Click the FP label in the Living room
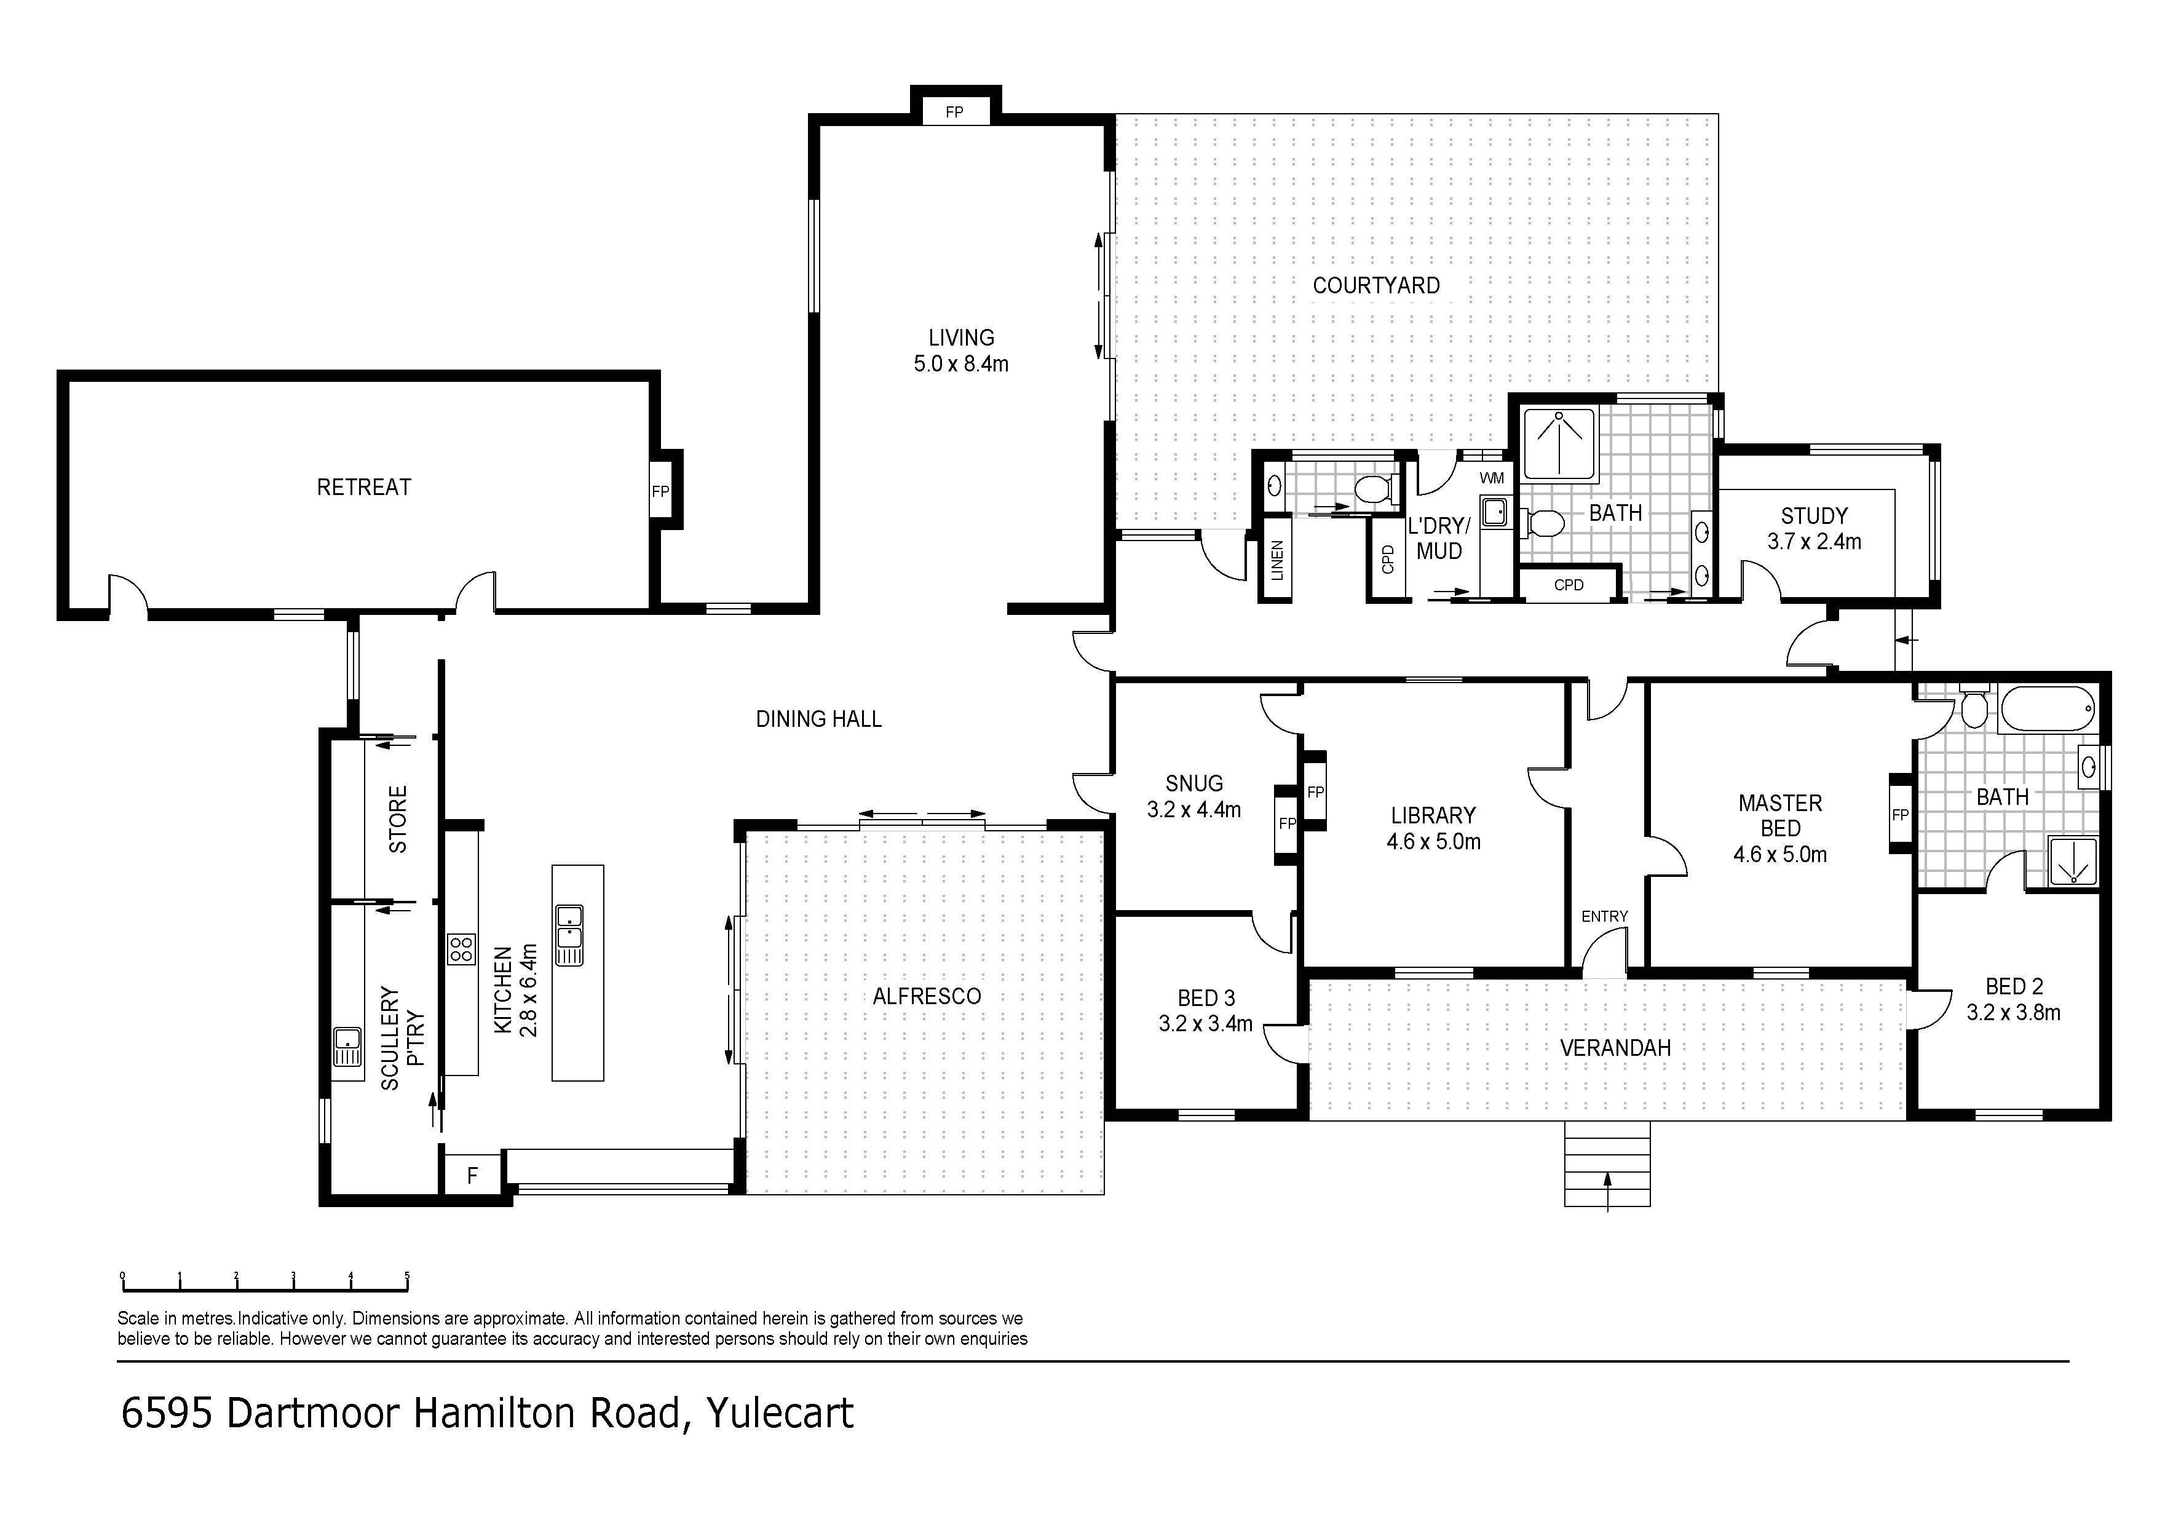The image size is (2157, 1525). (954, 113)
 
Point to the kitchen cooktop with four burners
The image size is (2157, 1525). (461, 948)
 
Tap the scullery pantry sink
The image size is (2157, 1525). (347, 1044)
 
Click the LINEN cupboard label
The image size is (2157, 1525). (1276, 560)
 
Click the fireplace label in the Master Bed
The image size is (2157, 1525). (1899, 815)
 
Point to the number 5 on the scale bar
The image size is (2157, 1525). (407, 1275)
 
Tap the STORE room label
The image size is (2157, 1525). (398, 819)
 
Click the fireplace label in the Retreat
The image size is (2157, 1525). (660, 491)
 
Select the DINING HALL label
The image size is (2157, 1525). (818, 719)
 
